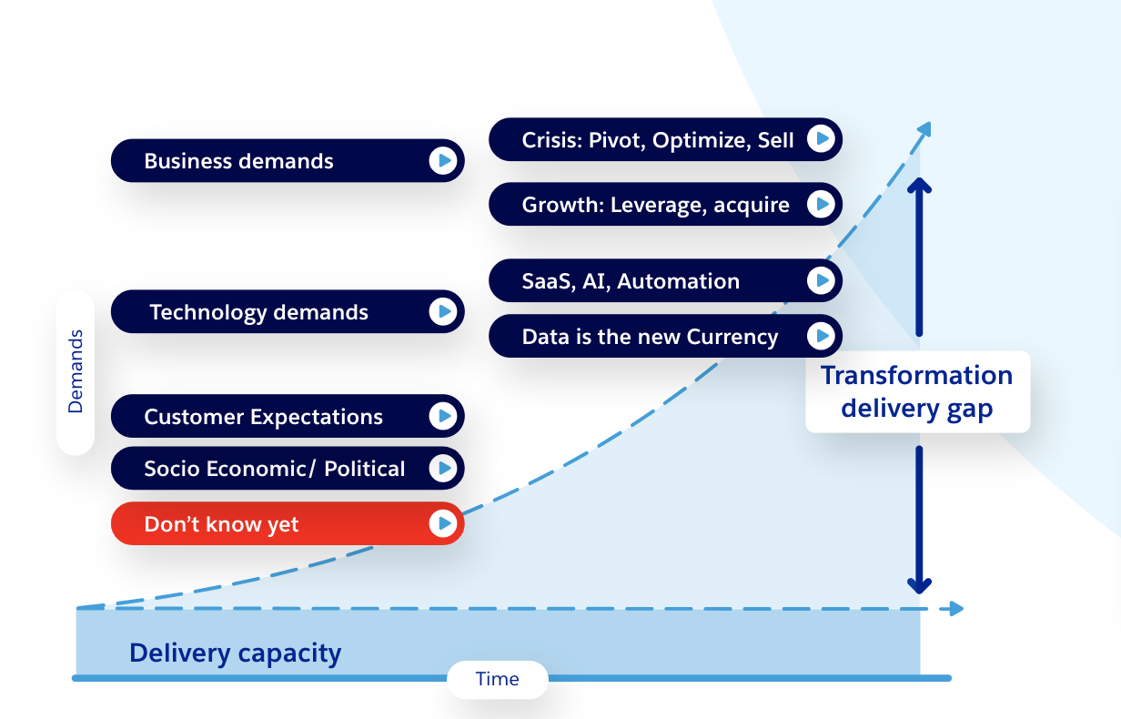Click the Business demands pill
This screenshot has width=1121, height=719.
(287, 161)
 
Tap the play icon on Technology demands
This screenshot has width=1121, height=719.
(442, 312)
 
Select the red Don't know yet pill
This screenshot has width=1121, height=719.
(287, 524)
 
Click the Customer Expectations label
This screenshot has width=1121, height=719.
(263, 418)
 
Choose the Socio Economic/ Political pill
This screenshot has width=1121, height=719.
(287, 469)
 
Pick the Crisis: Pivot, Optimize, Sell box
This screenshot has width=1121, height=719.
(664, 139)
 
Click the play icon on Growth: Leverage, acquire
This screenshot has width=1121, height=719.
(821, 204)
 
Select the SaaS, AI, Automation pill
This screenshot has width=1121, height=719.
(664, 281)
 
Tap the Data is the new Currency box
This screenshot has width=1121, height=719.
(664, 337)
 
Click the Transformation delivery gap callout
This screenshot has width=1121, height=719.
(917, 391)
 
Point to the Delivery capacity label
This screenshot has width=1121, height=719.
(235, 653)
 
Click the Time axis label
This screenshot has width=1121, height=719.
(497, 679)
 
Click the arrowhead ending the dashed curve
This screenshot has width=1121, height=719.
(924, 128)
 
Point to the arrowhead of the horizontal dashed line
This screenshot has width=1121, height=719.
(955, 608)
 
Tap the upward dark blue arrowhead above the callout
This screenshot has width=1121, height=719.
(920, 186)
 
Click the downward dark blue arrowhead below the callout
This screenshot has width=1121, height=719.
(920, 583)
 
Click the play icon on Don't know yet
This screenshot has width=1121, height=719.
(442, 523)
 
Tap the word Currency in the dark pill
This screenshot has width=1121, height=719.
(732, 337)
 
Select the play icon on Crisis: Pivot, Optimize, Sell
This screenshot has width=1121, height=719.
(821, 138)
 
